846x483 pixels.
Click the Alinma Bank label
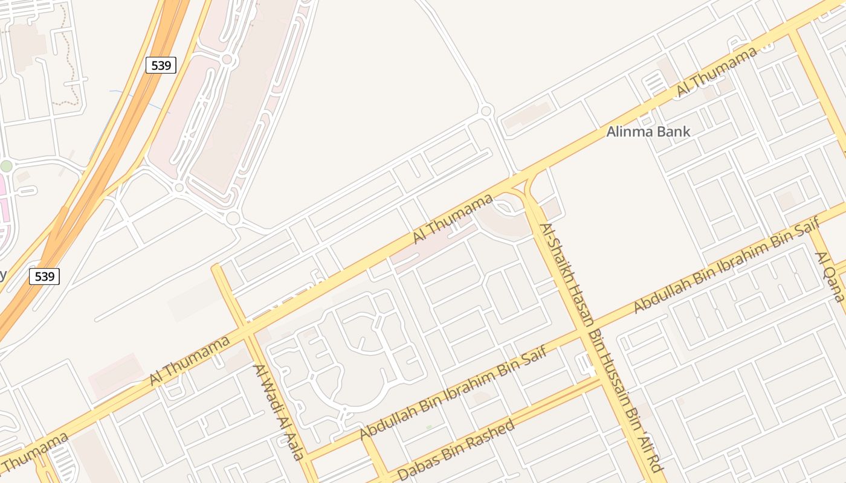point(648,132)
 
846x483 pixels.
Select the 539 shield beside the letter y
point(44,277)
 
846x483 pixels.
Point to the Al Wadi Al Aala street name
point(277,412)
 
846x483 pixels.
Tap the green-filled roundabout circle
point(6,166)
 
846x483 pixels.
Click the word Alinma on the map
point(627,132)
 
